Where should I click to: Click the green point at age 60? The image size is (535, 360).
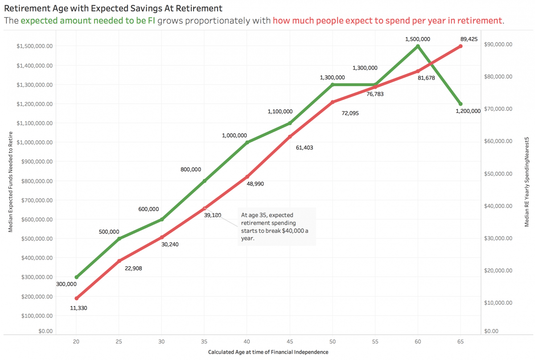(x=418, y=46)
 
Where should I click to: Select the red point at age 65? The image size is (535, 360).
(x=461, y=46)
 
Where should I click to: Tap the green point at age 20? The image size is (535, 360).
(x=76, y=277)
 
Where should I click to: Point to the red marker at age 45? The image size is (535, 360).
(x=290, y=137)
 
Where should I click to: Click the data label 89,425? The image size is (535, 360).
(x=469, y=39)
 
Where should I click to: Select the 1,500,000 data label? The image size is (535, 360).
(x=417, y=39)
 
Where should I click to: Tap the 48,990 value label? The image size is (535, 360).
(x=255, y=183)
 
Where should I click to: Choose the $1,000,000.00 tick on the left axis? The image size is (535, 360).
(x=35, y=142)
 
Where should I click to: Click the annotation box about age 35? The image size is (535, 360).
(x=276, y=226)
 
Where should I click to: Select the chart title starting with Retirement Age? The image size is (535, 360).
(x=113, y=8)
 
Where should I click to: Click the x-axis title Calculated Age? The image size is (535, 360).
(x=268, y=352)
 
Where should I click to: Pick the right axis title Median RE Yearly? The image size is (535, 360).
(x=527, y=183)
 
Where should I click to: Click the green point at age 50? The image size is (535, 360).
(x=333, y=84)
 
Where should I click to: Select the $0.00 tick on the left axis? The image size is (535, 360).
(x=45, y=331)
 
